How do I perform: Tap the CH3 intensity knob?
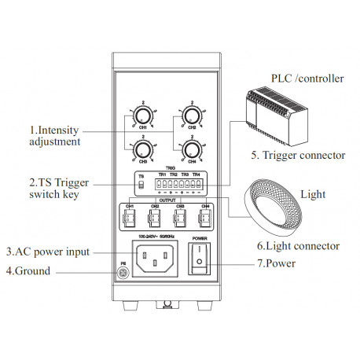(x=142, y=149)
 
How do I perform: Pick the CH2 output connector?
(x=156, y=216)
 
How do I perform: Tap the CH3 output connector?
(x=180, y=216)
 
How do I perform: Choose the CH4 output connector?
(x=204, y=216)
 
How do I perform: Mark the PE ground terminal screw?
(x=122, y=272)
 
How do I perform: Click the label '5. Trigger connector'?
(x=298, y=156)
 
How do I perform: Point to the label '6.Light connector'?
(x=296, y=246)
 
